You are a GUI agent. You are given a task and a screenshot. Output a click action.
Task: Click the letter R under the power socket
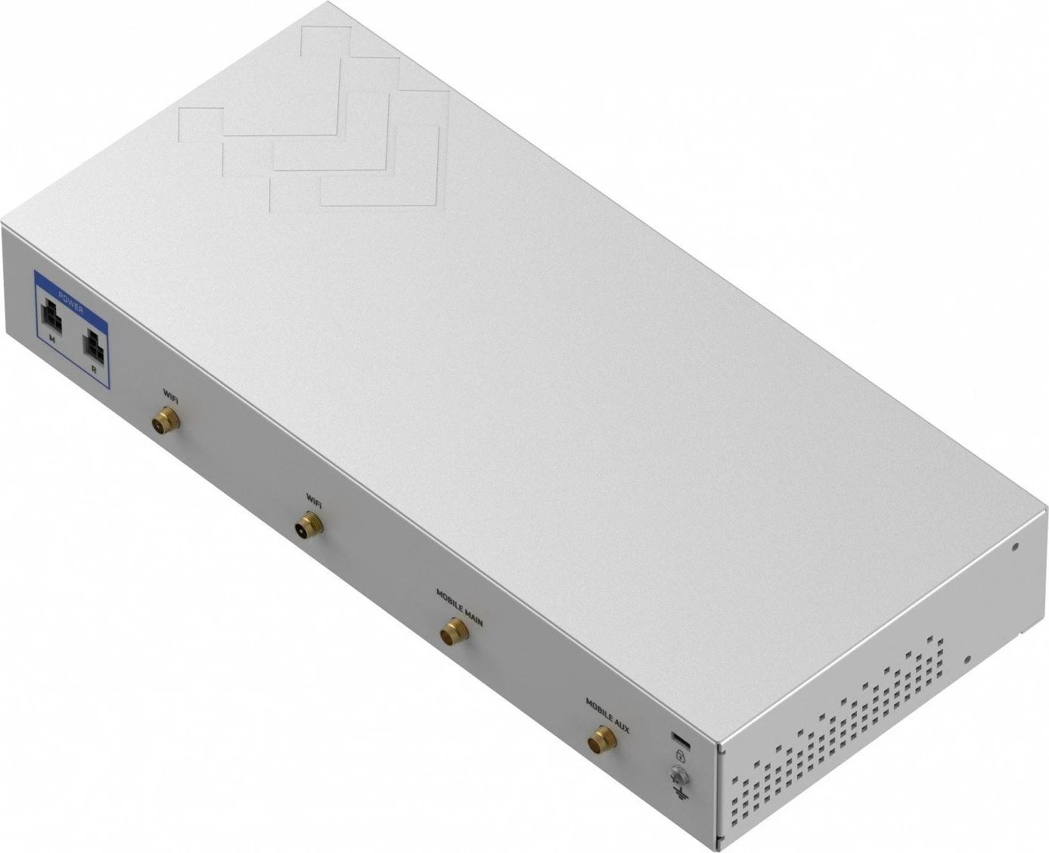pos(93,370)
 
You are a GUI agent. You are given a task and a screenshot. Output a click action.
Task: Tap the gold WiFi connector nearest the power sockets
pos(166,418)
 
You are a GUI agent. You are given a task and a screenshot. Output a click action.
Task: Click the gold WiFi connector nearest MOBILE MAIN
pos(309,523)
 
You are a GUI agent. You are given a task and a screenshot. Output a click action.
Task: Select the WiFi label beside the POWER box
pos(171,393)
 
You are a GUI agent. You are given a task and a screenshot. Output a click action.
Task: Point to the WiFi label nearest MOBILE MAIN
pos(314,499)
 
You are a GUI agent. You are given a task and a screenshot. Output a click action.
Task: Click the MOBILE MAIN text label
pos(459,606)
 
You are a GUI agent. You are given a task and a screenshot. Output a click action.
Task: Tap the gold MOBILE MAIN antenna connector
pos(454,632)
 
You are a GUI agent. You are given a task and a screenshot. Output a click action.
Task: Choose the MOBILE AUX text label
pos(607,715)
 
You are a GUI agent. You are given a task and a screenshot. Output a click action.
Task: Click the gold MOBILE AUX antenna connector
pos(602,740)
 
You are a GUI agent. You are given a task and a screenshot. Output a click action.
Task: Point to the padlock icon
pos(680,755)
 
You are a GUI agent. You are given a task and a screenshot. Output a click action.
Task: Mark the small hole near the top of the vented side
pos(1015,546)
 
